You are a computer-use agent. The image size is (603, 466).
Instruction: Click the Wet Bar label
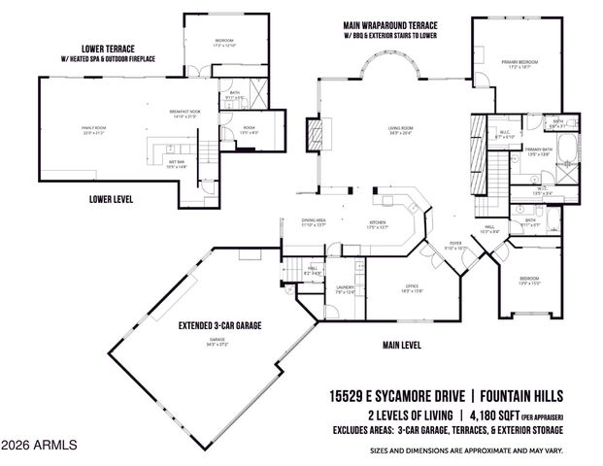tap(176, 164)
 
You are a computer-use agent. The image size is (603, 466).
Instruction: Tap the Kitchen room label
tap(378, 225)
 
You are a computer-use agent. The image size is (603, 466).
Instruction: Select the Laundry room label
tap(345, 288)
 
